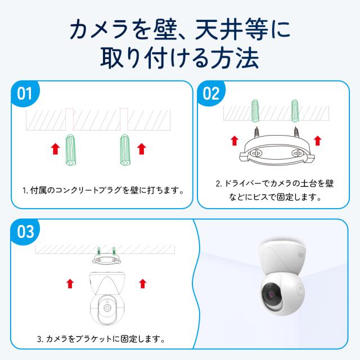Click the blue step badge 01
coord(25,93)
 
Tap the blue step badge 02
coord(211,93)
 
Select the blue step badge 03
coord(25,231)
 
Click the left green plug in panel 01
coord(70,150)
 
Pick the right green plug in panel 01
coord(125,150)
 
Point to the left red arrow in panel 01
coord(55,148)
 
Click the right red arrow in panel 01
coord(141,148)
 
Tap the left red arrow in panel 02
coord(234,141)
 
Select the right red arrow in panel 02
coord(317,141)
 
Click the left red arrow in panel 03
coord(70,283)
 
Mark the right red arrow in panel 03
coord(143,283)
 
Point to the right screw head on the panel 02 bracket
coord(297,152)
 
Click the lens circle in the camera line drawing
coord(107,308)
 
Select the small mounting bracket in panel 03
coord(106,259)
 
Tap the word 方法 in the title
coord(235,58)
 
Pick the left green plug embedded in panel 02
coord(255,111)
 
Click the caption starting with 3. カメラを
coord(101,339)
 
